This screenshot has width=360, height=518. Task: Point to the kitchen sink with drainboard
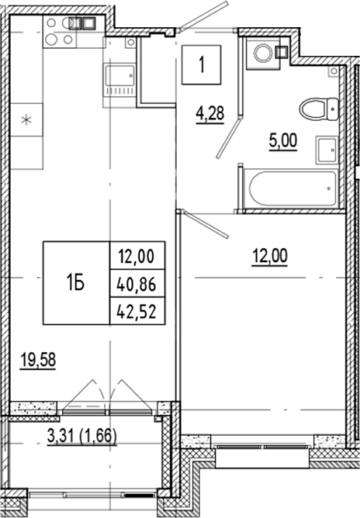pyautogui.click(x=119, y=80)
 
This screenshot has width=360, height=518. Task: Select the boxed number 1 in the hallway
pyautogui.click(x=202, y=65)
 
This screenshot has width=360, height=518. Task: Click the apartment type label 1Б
pyautogui.click(x=75, y=282)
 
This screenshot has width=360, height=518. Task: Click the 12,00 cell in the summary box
pyautogui.click(x=137, y=254)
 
